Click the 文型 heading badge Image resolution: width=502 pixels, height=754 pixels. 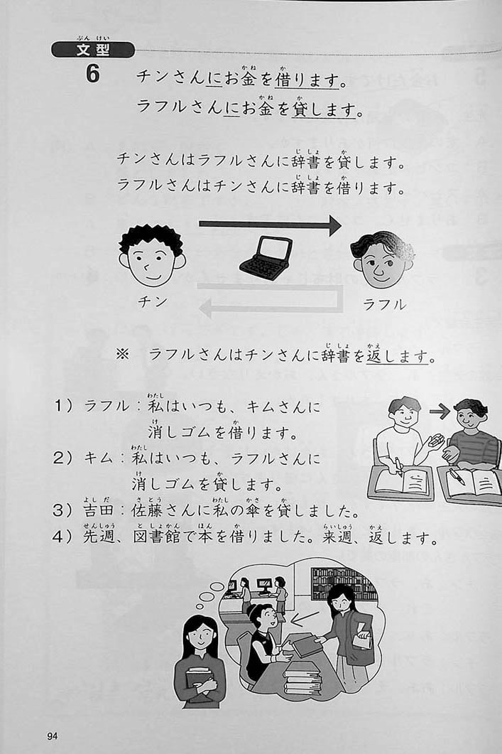(93, 50)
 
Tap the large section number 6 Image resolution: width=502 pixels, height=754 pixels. (93, 74)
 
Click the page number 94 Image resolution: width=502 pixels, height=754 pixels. (53, 736)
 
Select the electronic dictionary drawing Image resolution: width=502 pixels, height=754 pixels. (266, 255)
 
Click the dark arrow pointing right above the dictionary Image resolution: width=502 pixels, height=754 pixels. (270, 225)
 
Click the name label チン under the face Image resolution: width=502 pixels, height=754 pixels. (152, 302)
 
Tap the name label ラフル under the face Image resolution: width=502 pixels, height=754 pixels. (384, 304)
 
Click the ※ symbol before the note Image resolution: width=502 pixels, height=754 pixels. (123, 355)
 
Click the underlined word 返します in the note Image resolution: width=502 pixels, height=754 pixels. (397, 356)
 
